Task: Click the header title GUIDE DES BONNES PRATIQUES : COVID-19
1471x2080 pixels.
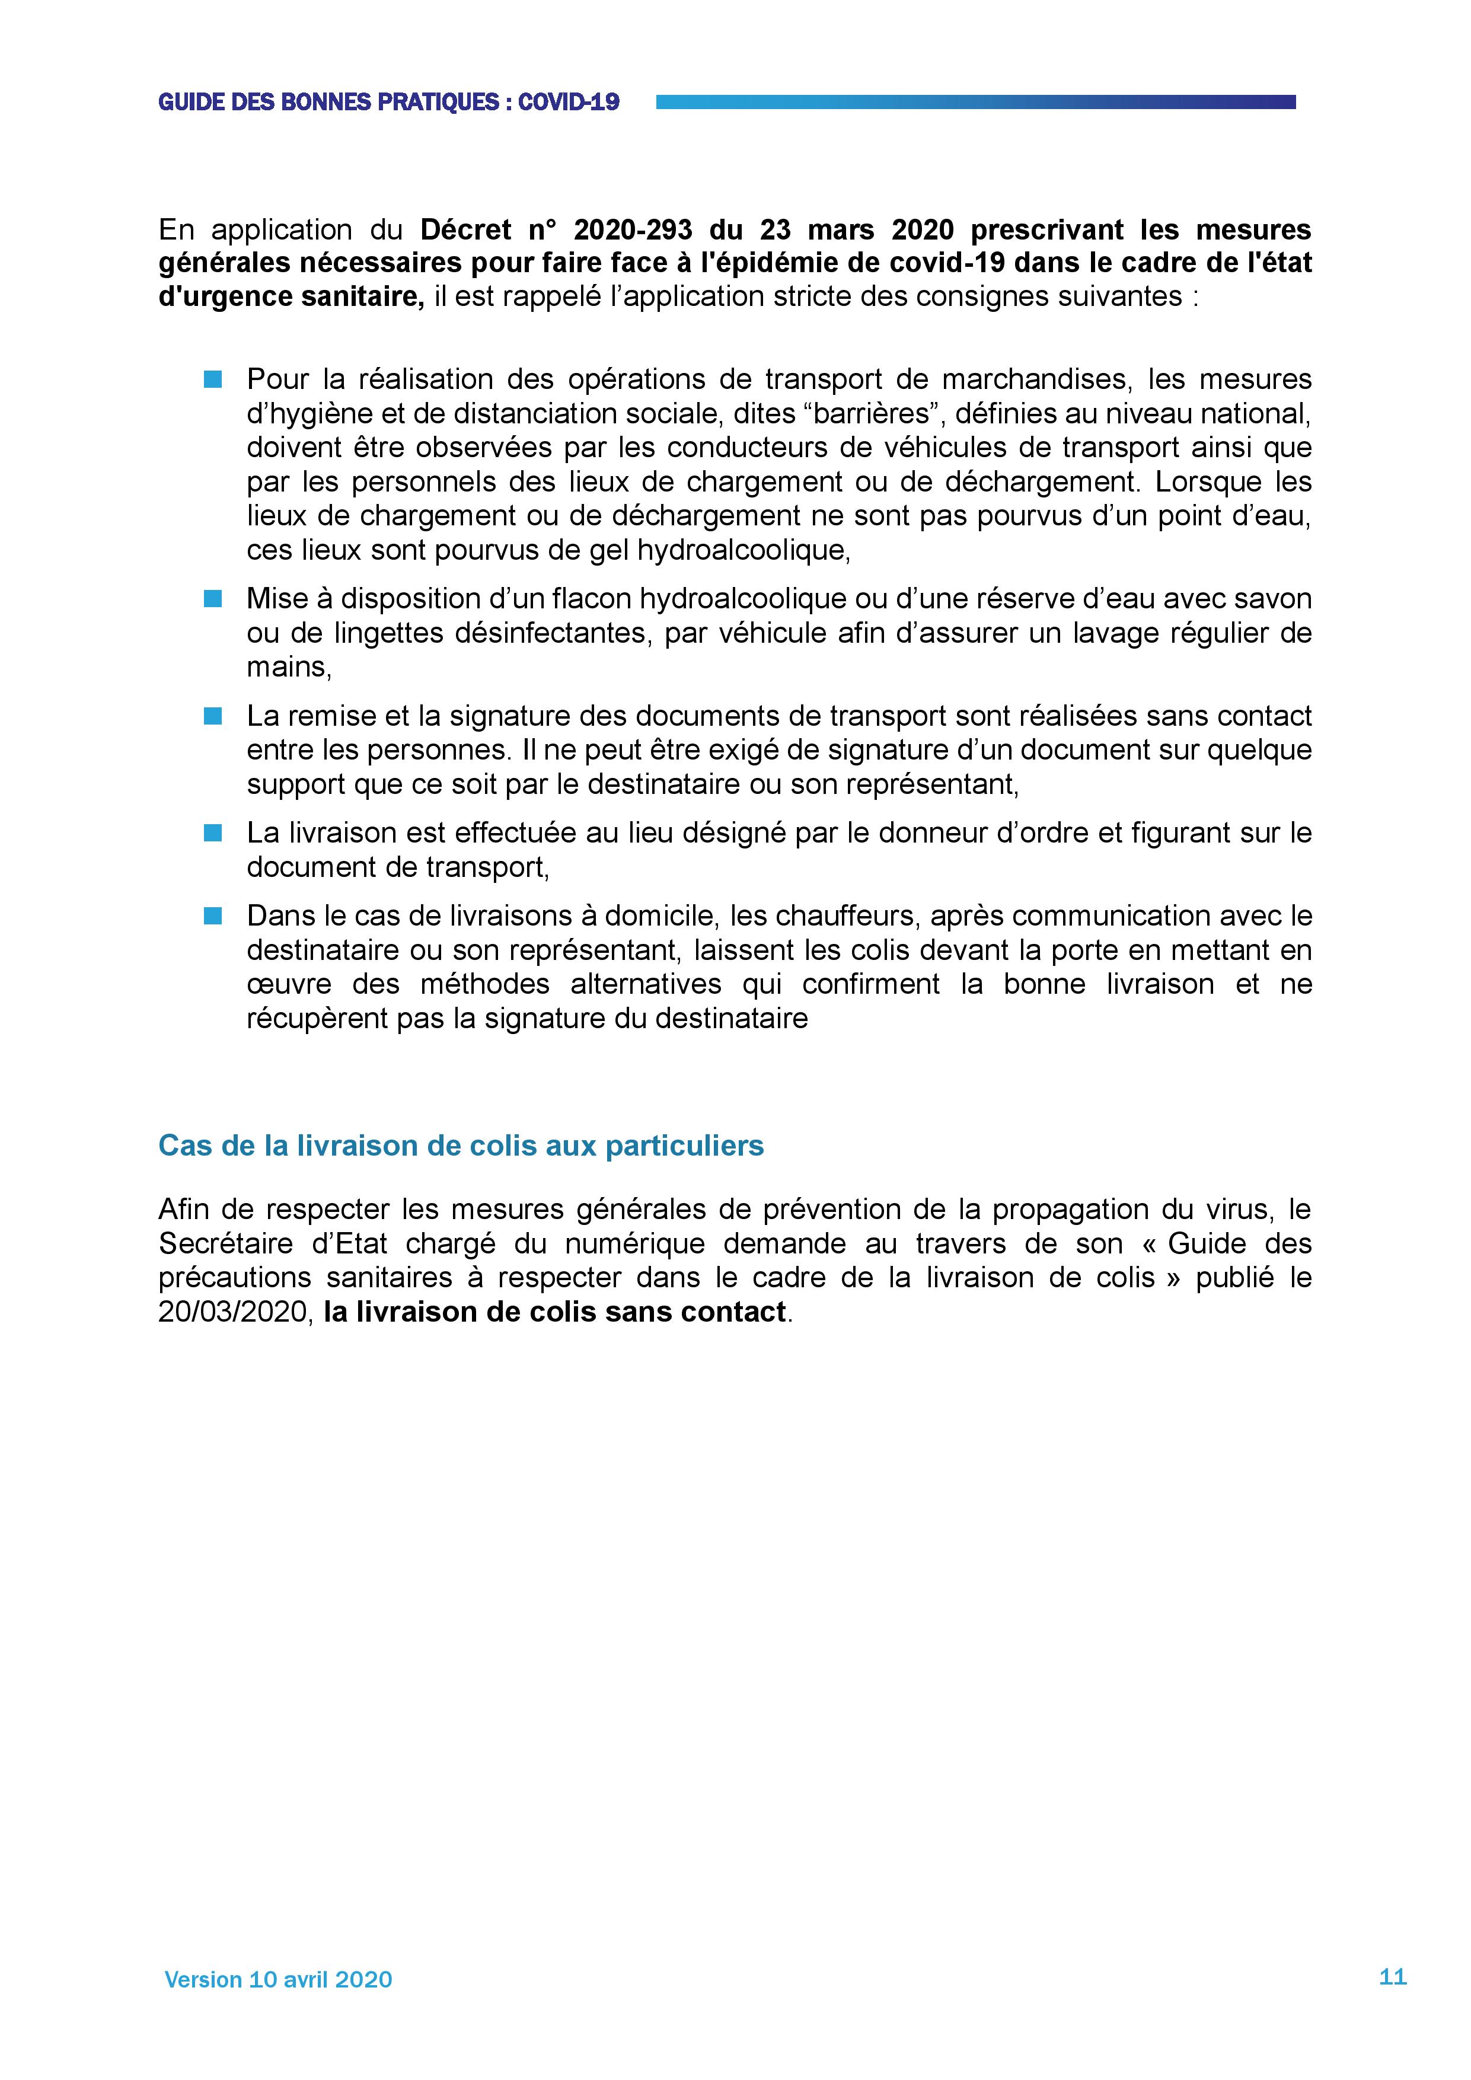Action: [388, 103]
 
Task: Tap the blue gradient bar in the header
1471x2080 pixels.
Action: [975, 103]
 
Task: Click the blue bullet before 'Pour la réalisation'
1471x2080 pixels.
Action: [213, 379]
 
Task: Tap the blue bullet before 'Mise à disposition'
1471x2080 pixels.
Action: [213, 599]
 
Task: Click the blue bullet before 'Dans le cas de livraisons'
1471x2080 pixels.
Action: [213, 916]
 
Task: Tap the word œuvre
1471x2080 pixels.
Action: [289, 985]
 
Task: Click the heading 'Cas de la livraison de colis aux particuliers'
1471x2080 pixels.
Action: [461, 1146]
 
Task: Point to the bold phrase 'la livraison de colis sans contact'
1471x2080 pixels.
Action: [554, 1313]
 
